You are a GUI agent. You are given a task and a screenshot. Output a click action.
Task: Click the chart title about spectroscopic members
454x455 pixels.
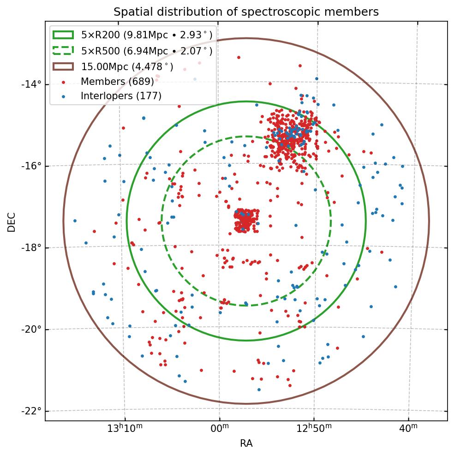[x=246, y=12]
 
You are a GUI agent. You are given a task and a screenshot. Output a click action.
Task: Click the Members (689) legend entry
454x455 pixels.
[x=117, y=82]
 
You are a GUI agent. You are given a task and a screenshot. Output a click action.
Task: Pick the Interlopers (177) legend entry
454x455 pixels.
[x=121, y=96]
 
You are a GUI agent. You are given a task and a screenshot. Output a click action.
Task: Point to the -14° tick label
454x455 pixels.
[x=31, y=84]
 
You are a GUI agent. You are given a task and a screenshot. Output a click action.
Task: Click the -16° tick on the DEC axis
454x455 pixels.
[x=31, y=166]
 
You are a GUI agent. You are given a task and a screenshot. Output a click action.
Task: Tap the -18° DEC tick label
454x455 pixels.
[x=31, y=247]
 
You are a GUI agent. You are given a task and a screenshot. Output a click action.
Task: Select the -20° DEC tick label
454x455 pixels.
[x=31, y=329]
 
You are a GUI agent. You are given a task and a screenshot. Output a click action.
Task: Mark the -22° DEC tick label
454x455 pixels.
[x=31, y=411]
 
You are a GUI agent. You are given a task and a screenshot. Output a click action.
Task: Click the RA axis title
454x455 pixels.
[x=246, y=444]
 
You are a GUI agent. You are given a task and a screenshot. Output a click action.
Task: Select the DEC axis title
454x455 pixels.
[x=12, y=222]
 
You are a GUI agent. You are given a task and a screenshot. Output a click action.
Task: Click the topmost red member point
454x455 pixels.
[x=239, y=57]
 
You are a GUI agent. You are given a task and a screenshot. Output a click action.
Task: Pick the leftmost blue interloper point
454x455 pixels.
[x=75, y=221]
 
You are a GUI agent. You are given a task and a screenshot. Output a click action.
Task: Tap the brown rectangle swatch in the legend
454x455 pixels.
[x=63, y=66]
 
